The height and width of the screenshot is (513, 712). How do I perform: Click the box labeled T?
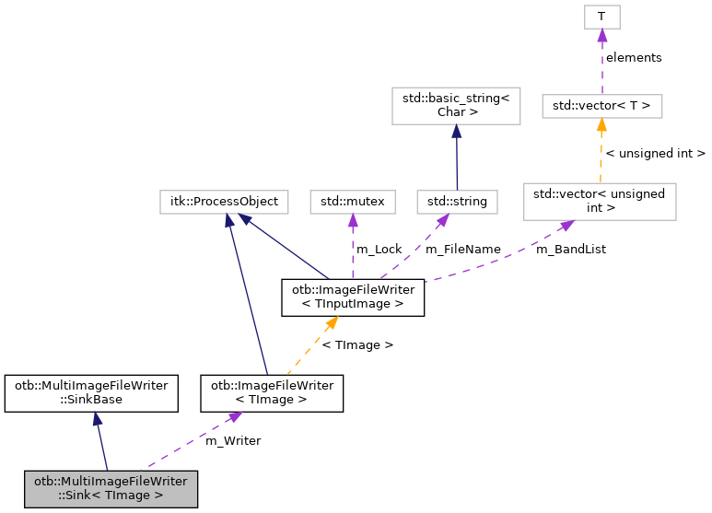[x=601, y=17]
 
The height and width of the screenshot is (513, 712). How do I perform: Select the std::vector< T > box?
[x=601, y=106]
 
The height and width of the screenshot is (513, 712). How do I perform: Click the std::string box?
[x=457, y=200]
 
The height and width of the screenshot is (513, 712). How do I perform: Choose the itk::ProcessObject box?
[x=223, y=200]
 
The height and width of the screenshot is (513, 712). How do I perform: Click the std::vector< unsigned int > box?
[x=600, y=201]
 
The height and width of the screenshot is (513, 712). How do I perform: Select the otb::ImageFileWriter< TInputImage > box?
[x=353, y=297]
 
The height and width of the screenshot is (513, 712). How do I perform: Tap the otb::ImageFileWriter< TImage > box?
[x=273, y=392]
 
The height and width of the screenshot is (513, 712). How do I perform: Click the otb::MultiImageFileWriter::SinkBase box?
[x=91, y=392]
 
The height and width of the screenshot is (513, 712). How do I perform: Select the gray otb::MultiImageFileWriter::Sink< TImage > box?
[x=111, y=488]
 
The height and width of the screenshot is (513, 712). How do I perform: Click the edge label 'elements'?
[x=633, y=57]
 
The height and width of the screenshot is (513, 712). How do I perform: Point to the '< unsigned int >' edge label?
[x=655, y=153]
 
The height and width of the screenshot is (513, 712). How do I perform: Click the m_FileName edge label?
[x=462, y=249]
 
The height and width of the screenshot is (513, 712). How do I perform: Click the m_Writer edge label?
[x=232, y=440]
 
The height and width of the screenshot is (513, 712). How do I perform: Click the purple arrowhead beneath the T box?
[x=601, y=35]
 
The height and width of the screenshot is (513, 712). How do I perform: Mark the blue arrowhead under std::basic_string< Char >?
[x=457, y=131]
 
